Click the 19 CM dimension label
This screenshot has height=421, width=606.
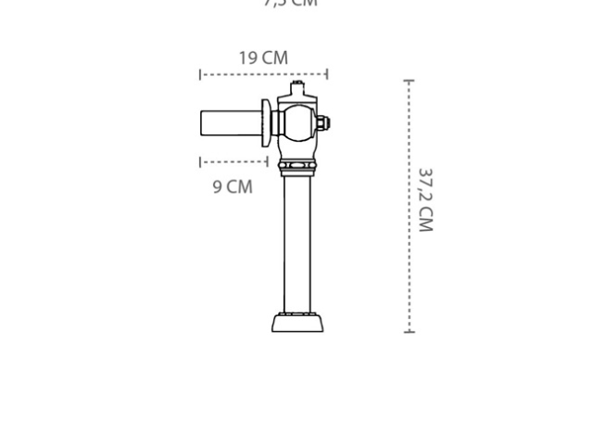(x=263, y=57)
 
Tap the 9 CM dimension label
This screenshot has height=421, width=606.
(x=233, y=186)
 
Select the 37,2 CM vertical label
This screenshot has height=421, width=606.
(x=424, y=199)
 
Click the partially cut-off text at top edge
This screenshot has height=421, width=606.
(x=290, y=4)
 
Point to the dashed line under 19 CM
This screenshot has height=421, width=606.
(x=263, y=74)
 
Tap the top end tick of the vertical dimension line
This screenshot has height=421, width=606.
(x=409, y=82)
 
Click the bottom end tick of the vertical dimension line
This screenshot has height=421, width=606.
(x=409, y=330)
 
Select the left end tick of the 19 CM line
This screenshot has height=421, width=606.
(x=200, y=74)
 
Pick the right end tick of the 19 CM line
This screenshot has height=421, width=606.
(x=327, y=74)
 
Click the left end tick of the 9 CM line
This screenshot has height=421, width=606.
(x=200, y=162)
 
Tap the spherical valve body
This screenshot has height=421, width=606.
(x=298, y=122)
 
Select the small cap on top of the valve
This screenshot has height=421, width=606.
(x=297, y=88)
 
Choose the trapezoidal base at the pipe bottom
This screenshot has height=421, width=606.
(x=297, y=323)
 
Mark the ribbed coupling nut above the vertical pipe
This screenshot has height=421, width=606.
(x=297, y=169)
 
